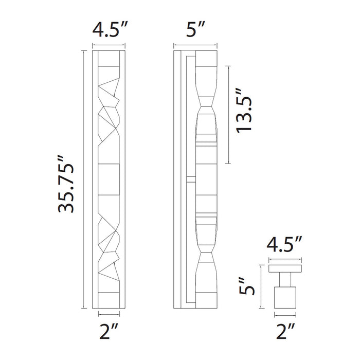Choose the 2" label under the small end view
click(x=286, y=330)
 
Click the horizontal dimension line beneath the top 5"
click(x=195, y=45)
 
